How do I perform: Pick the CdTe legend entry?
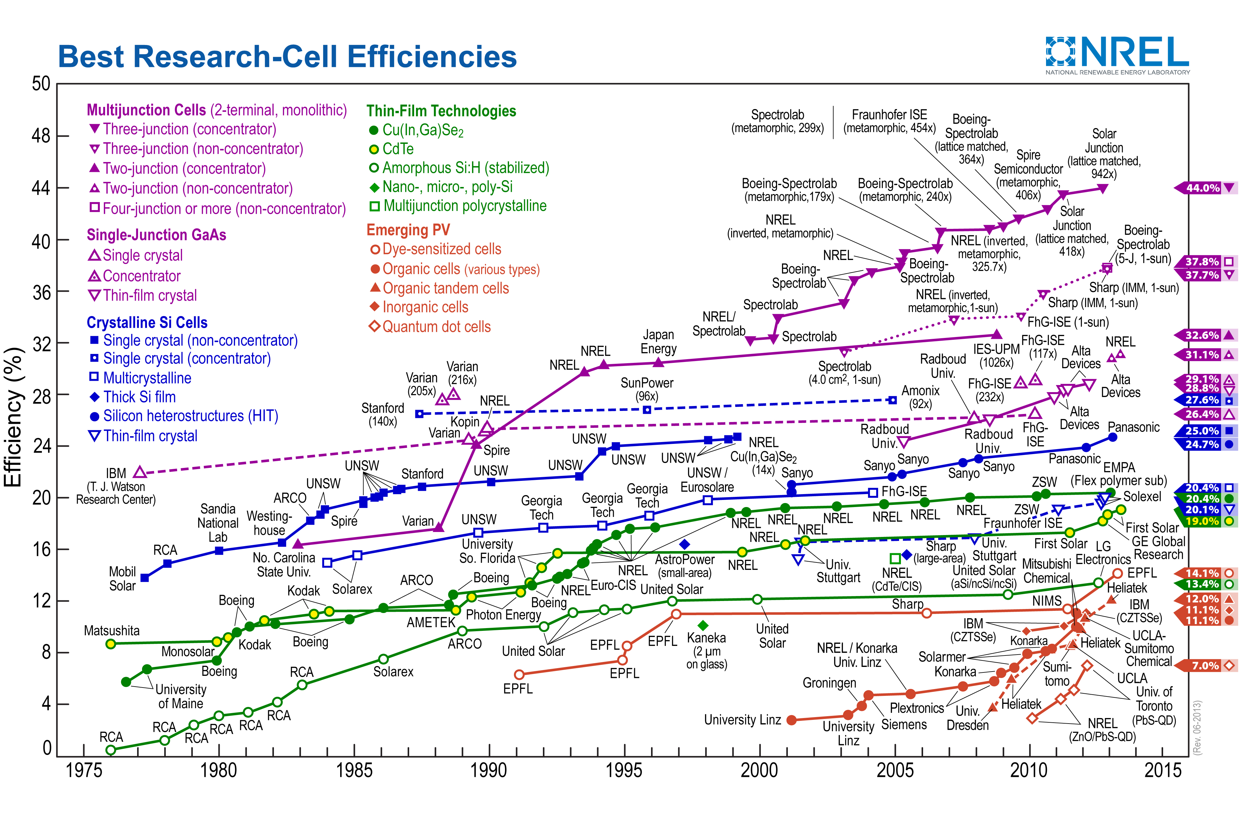click(397, 149)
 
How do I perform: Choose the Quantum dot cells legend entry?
click(436, 327)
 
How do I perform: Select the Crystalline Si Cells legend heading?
click(147, 322)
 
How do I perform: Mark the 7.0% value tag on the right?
click(1204, 666)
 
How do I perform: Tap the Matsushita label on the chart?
click(112, 631)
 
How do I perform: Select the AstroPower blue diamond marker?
click(685, 544)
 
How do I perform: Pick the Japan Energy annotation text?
click(658, 342)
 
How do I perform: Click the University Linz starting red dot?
click(792, 720)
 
